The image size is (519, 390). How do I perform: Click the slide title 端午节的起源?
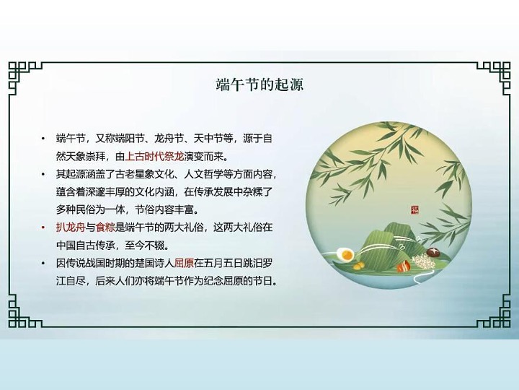(259, 84)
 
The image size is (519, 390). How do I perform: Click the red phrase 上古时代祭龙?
(154, 156)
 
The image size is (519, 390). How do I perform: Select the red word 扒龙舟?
(71, 227)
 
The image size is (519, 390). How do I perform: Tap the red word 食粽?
(105, 227)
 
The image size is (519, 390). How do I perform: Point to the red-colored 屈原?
(184, 264)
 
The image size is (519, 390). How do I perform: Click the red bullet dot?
(43, 227)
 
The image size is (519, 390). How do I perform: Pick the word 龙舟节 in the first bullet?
(169, 138)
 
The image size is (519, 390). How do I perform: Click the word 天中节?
(208, 138)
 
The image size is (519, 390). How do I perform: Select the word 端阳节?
(130, 138)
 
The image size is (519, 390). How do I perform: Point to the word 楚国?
(145, 264)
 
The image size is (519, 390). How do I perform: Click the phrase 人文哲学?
(203, 174)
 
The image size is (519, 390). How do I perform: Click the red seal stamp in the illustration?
(414, 209)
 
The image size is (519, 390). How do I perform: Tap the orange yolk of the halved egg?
(347, 255)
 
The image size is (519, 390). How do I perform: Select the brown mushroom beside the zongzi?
(433, 253)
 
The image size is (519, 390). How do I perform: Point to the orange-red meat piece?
(403, 266)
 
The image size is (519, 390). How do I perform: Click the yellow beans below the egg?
(359, 266)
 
